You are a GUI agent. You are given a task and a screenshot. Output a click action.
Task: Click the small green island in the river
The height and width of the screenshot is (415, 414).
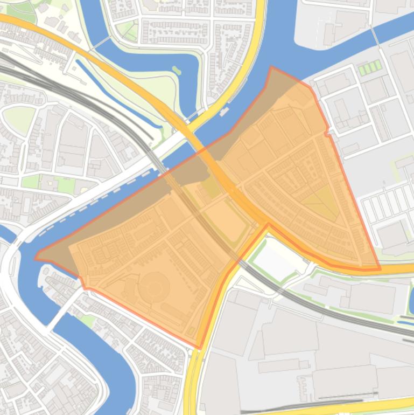(x=176, y=71)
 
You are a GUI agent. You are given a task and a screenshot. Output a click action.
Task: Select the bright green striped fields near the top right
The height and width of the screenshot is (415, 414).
(x=370, y=68)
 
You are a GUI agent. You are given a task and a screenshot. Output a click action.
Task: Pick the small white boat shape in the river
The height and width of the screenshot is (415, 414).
(x=224, y=111)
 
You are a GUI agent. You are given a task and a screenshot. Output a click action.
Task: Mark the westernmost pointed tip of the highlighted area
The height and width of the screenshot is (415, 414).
(x=36, y=258)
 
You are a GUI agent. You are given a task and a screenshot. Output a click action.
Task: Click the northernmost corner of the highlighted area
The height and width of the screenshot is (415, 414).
(x=271, y=67)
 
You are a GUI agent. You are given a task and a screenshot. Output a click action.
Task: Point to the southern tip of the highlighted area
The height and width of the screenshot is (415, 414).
(x=199, y=348)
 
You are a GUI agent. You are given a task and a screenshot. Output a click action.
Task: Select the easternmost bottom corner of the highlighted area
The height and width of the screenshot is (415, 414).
(x=380, y=268)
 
